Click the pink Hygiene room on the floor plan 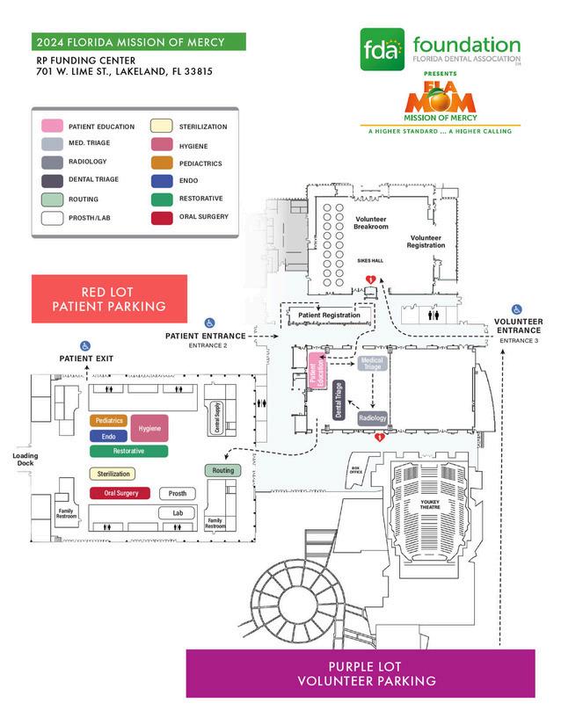(x=149, y=428)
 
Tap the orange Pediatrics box (x=109, y=421)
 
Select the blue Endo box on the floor (x=109, y=436)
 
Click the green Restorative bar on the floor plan (x=128, y=451)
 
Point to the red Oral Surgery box (x=120, y=493)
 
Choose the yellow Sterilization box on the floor (x=112, y=474)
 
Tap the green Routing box (x=222, y=471)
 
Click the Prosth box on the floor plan (x=177, y=494)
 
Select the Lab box (x=177, y=512)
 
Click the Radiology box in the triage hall (x=372, y=419)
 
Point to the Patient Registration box (x=328, y=315)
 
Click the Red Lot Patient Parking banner (x=109, y=299)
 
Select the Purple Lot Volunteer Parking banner (x=361, y=673)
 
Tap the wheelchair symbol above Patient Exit (x=85, y=345)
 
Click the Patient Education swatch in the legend (x=52, y=127)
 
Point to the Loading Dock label (x=25, y=460)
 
